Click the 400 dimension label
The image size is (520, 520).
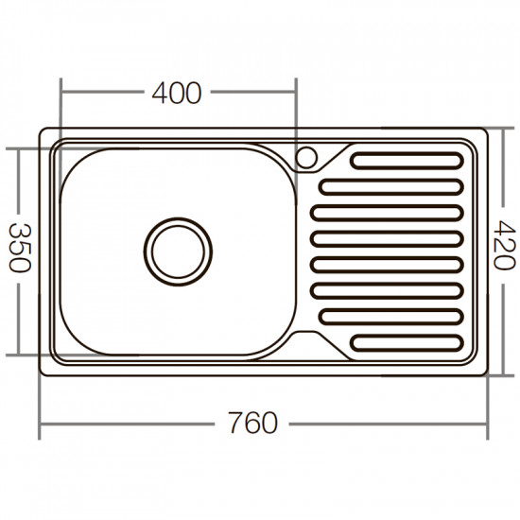click(177, 93)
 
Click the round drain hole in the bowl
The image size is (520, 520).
click(178, 251)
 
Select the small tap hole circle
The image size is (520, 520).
click(307, 157)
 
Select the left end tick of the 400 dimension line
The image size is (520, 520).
click(61, 93)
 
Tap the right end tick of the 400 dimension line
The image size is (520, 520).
click(297, 93)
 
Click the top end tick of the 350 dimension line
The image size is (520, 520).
click(20, 147)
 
